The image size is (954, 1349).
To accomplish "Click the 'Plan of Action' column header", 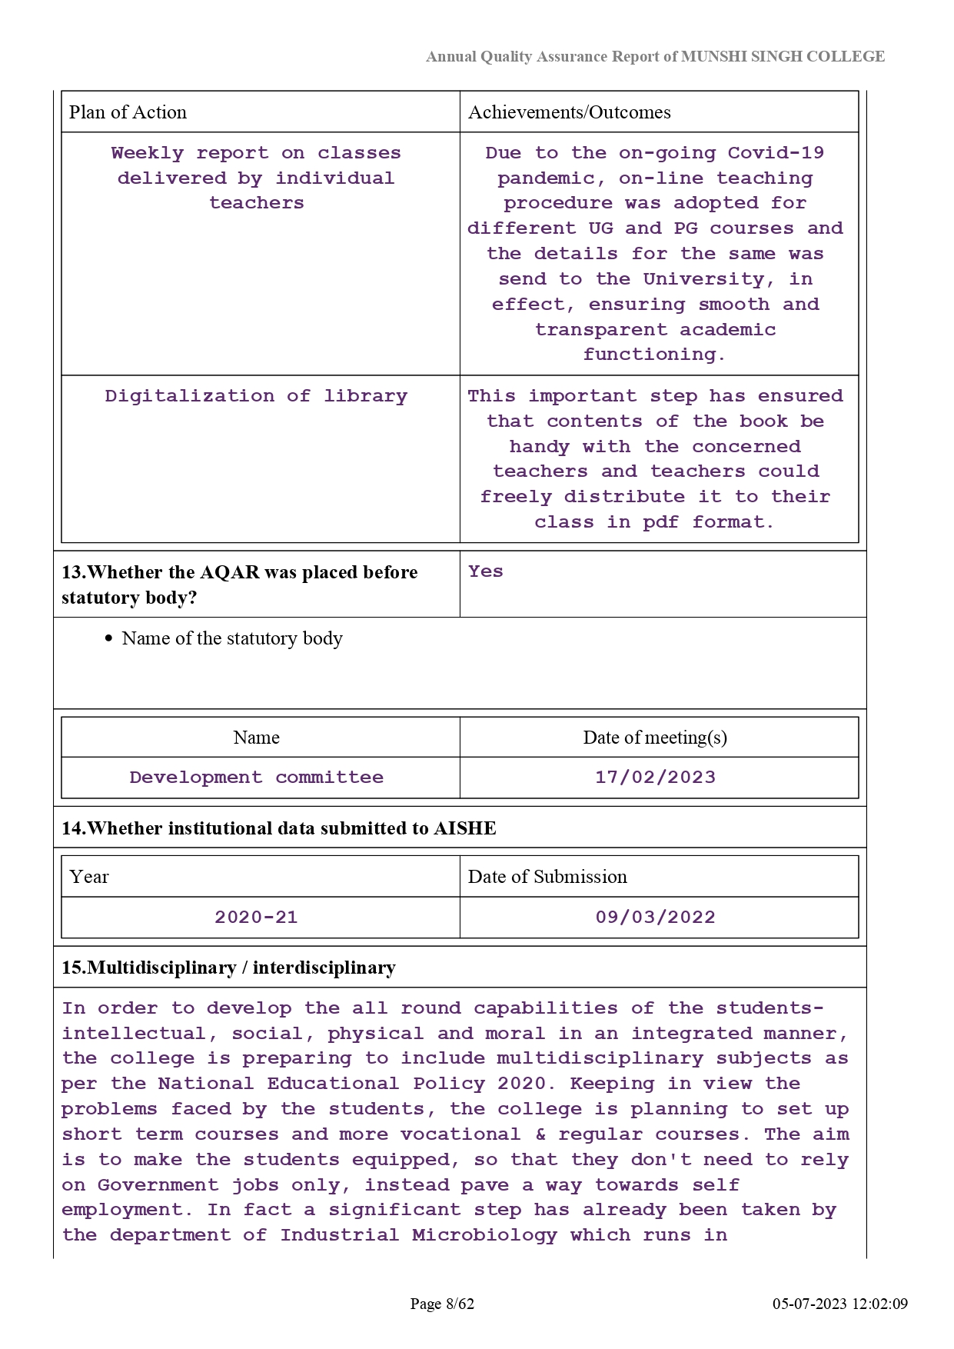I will (x=128, y=112).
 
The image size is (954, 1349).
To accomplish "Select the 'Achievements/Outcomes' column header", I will (x=569, y=112).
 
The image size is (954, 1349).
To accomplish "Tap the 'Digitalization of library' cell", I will (x=256, y=396).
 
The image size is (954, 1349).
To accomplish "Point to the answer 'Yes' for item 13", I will (x=486, y=571).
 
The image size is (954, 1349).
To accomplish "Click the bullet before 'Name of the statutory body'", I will (x=109, y=639).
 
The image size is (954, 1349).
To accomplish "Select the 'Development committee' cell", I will (x=256, y=778).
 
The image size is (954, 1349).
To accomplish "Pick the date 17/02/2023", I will (x=655, y=778).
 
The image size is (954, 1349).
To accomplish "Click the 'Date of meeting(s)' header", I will (x=655, y=738).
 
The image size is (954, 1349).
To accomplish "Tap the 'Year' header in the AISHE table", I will (x=89, y=877).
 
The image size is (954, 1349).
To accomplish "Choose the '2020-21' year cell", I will (x=256, y=918).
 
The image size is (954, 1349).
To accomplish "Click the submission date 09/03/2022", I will (x=655, y=918).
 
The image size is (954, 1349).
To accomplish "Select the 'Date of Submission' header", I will (x=547, y=877).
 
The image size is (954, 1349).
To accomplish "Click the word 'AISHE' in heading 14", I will (x=465, y=828).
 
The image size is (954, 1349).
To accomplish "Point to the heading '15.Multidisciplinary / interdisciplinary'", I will (x=228, y=968).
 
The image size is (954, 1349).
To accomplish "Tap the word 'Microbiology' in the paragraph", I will (x=484, y=1235).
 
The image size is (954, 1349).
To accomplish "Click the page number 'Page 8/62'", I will (x=442, y=1304).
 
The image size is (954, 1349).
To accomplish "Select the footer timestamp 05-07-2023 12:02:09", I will (x=839, y=1304).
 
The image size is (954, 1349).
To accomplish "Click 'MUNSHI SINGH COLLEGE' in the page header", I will (x=783, y=56).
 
